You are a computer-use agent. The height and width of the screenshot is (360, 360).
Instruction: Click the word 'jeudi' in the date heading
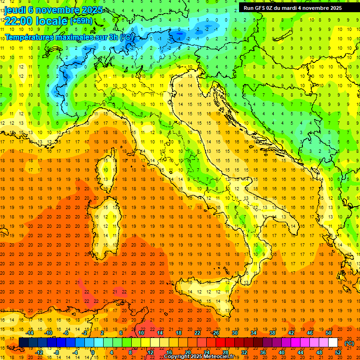tap(15, 10)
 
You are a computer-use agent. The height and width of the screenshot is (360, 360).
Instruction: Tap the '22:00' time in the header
tap(19, 21)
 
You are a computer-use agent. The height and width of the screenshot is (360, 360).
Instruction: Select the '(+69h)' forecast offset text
tap(81, 21)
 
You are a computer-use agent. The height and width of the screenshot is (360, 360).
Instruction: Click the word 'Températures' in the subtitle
tap(30, 37)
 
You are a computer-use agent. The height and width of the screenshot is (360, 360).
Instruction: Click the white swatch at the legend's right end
tap(333, 343)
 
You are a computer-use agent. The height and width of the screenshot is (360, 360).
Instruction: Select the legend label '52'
tap(338, 352)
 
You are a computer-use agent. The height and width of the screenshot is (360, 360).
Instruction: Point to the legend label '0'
tap(93, 352)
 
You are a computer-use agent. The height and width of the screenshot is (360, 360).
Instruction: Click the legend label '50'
tap(329, 333)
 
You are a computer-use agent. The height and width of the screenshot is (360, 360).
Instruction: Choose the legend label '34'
tap(253, 333)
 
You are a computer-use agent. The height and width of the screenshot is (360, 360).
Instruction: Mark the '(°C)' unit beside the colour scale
tap(349, 343)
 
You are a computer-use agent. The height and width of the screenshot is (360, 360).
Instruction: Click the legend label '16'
tap(169, 352)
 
